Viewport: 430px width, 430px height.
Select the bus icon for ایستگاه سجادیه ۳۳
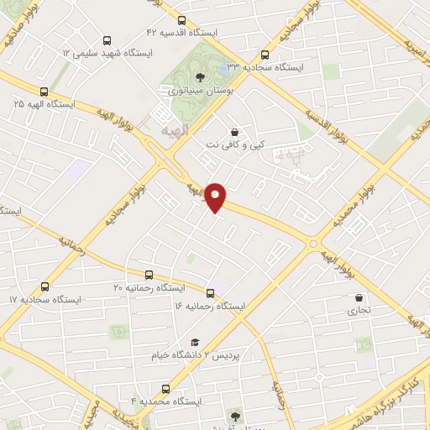[x=265, y=54]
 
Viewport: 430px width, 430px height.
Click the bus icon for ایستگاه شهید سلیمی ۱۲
[x=106, y=39]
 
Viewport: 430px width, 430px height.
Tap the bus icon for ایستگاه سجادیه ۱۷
[x=45, y=286]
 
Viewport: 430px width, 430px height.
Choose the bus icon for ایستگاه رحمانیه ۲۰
[x=149, y=275]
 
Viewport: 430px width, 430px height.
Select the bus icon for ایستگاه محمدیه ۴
[x=165, y=389]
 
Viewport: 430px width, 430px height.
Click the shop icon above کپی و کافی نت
[x=233, y=132]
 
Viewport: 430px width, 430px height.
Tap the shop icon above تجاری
[x=359, y=297]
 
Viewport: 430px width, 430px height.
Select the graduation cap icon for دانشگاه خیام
[x=195, y=342]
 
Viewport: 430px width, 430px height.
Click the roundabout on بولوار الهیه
[x=313, y=244]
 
